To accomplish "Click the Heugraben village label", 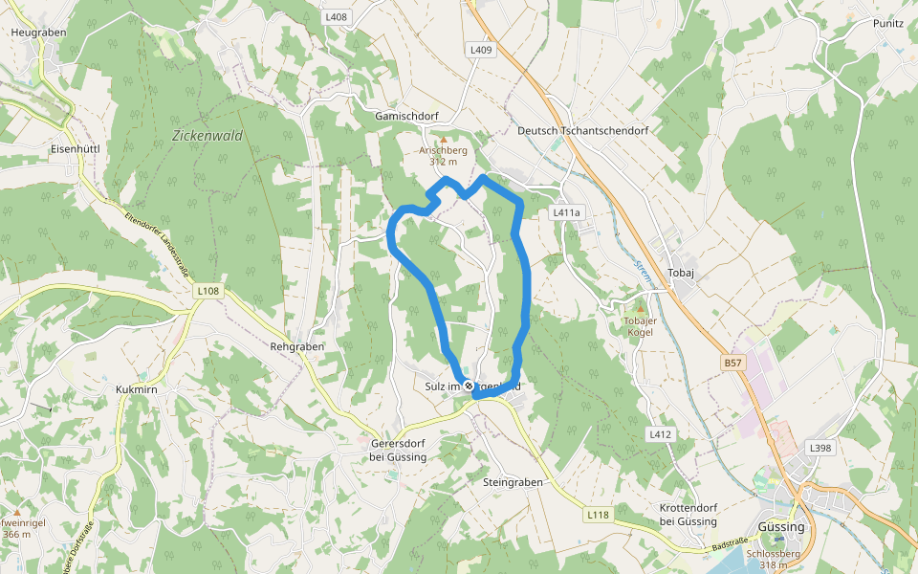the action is tap(37, 32).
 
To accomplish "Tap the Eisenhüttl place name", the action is tap(76, 149).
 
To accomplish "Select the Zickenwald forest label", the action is tap(208, 136).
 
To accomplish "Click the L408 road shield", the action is tap(337, 17).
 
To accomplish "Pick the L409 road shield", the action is tap(481, 50).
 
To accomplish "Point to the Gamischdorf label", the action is tap(406, 116).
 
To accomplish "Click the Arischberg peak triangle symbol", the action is tap(443, 140).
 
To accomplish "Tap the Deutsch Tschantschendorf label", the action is tap(582, 130).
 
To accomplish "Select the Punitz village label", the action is tap(888, 23).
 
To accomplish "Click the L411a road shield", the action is tap(567, 211).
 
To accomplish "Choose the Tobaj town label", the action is tap(681, 272).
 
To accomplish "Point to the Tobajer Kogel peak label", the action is tap(640, 326).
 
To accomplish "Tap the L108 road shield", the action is tap(208, 291).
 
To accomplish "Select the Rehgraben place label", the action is tap(297, 346).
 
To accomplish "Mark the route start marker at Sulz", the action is tap(469, 386).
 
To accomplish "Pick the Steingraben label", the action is tap(514, 483).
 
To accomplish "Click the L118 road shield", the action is tap(598, 515).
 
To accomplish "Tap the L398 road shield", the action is tap(820, 448).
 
